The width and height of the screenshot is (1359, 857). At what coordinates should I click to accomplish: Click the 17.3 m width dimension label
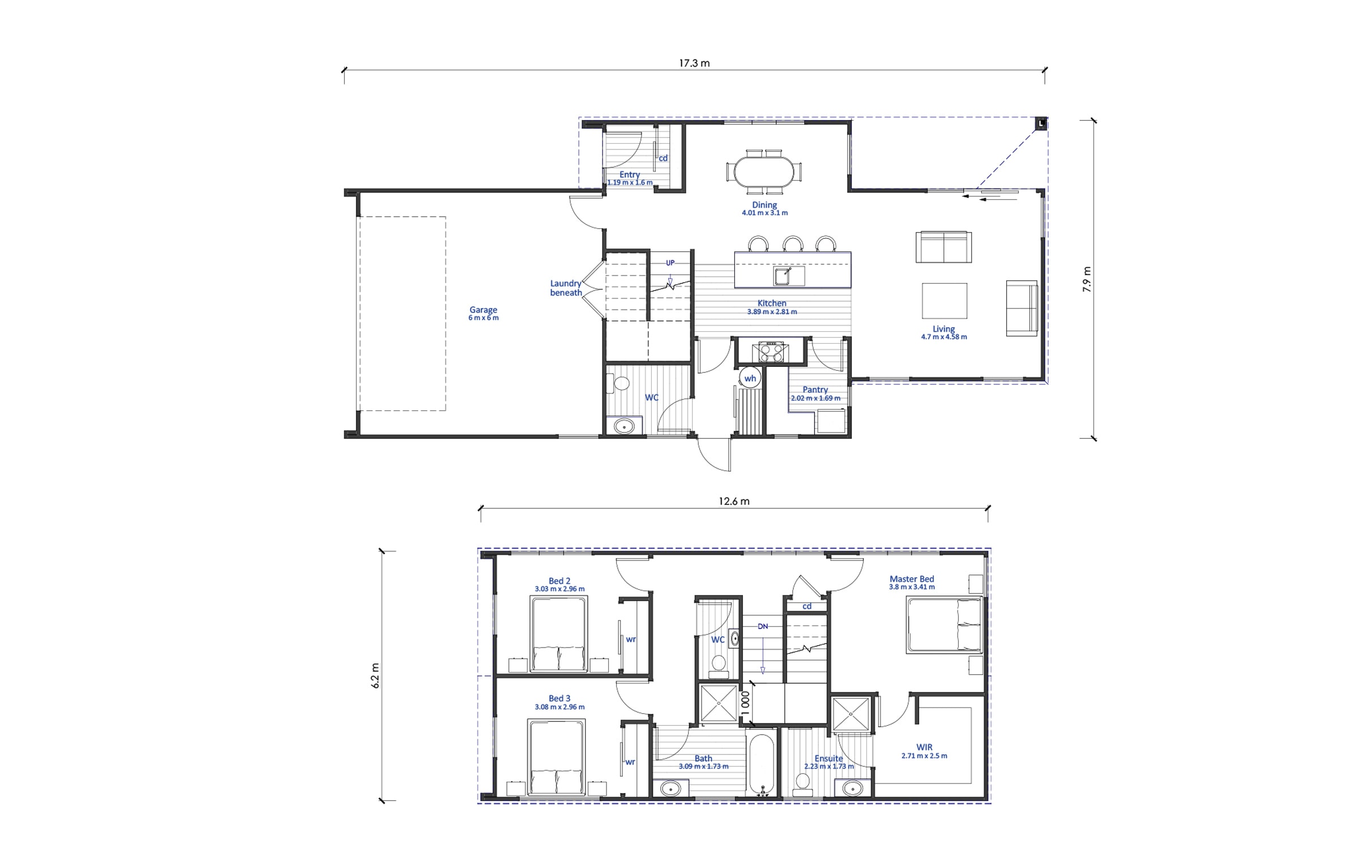(694, 63)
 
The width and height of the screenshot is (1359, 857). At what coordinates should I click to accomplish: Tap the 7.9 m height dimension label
(1087, 279)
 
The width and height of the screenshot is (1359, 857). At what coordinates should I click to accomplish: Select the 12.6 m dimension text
(734, 501)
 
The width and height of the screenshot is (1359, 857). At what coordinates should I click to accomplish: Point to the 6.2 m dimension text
(375, 675)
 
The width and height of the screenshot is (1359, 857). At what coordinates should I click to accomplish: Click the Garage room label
(483, 310)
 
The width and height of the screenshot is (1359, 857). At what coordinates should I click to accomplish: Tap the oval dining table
(764, 171)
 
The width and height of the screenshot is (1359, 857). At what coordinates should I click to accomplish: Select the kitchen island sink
(784, 276)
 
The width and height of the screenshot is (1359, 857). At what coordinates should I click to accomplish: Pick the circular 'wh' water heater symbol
(750, 378)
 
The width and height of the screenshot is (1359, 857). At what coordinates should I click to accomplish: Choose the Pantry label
(815, 389)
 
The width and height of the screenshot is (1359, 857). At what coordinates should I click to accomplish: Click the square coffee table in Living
(944, 301)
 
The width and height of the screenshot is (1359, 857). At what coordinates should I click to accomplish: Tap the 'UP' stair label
(670, 263)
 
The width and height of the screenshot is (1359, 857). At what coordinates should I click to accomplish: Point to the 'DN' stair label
(763, 627)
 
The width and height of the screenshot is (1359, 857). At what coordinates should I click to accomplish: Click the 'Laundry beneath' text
(566, 288)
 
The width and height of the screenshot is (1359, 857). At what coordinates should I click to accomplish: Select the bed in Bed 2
(558, 634)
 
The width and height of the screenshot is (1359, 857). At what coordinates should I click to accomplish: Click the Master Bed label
(912, 579)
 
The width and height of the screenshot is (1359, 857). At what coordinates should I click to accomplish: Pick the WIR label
(924, 747)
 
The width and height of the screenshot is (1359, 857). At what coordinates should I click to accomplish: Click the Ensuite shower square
(851, 714)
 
